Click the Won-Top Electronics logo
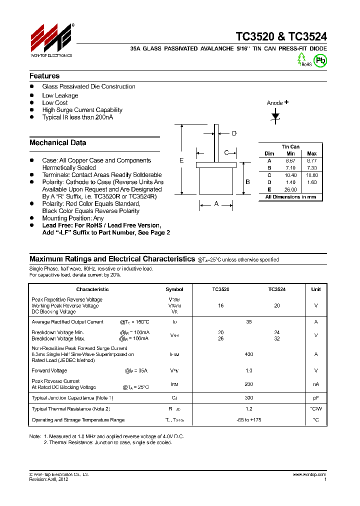click(51, 39)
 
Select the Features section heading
click(44, 76)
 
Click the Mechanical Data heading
click(57, 142)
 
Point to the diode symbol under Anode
click(275, 116)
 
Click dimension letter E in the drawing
click(181, 160)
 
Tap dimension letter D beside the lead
click(233, 133)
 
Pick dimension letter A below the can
click(216, 203)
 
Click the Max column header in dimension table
click(311, 153)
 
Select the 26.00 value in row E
click(290, 189)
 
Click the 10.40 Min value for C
click(290, 175)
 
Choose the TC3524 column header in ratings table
click(276, 289)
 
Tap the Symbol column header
click(174, 289)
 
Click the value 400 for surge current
click(249, 354)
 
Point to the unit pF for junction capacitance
click(316, 397)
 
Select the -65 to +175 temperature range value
click(249, 420)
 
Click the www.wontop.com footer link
click(309, 474)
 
